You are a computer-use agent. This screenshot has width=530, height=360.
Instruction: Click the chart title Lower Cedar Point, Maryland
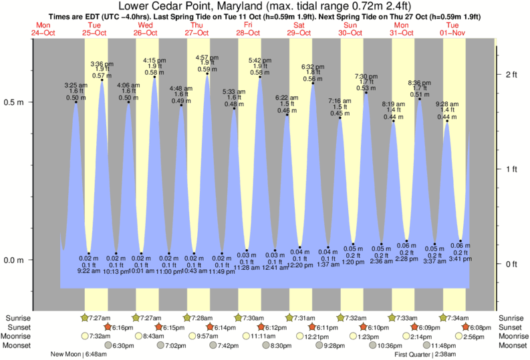click(265, 6)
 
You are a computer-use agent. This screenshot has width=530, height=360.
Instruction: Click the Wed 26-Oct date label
click(146, 29)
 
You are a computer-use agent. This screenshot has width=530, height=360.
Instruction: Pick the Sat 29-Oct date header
click(299, 29)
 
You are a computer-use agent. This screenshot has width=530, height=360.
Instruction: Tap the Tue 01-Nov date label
click(453, 29)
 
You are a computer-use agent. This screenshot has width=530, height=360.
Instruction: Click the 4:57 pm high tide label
click(206, 57)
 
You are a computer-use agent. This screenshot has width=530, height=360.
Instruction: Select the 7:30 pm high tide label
click(366, 76)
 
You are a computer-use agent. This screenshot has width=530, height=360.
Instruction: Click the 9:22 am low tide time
click(89, 271)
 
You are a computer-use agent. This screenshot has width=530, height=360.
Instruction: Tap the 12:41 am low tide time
click(274, 271)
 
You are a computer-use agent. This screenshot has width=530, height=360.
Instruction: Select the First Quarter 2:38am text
click(426, 355)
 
